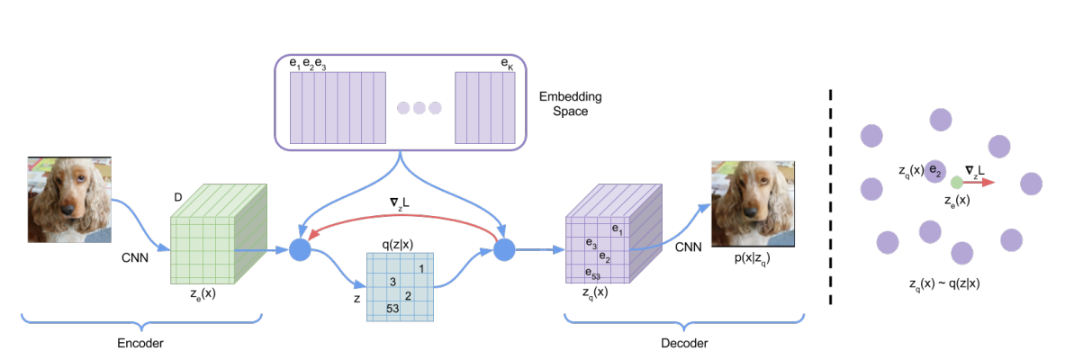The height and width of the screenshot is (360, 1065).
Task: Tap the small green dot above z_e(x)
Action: tap(956, 182)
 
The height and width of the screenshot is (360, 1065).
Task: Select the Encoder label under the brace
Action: tap(141, 343)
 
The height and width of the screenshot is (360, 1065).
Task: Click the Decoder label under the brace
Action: tap(682, 343)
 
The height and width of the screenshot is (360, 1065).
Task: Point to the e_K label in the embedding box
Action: tap(507, 65)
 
